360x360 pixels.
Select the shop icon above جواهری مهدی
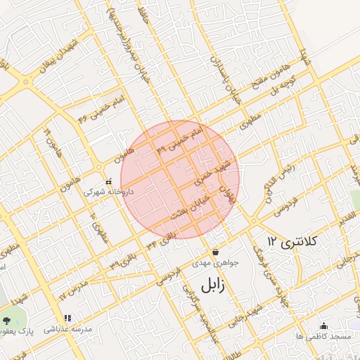[x=214, y=252]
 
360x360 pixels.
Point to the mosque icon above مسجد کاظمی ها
[x=323, y=326]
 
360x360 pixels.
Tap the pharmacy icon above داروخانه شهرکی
[x=108, y=180]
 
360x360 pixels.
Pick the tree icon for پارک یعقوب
[x=7, y=320]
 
